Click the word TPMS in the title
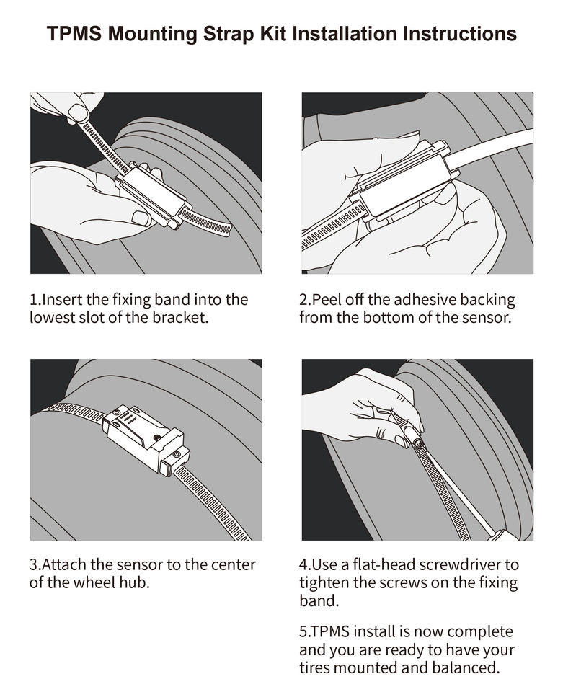coord(74,34)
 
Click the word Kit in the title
coord(273,34)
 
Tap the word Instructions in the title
coord(459,34)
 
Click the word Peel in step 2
coord(327,300)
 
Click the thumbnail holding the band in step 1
coord(79,113)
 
